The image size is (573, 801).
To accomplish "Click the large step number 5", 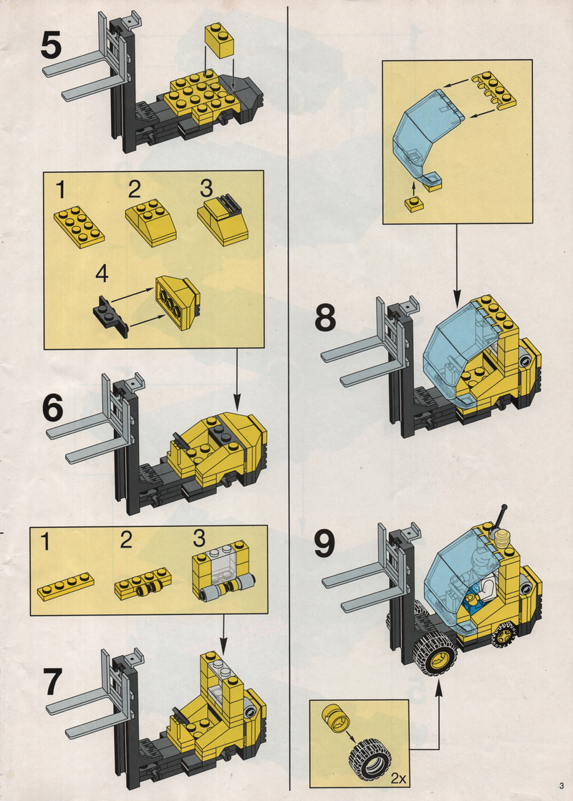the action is pos(51,45).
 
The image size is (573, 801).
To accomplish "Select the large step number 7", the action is pos(53,682).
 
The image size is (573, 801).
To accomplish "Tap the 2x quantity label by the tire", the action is pos(398,779).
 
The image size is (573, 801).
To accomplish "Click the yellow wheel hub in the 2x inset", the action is pos(336,720).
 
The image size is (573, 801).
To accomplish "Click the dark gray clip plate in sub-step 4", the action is pos(110,316).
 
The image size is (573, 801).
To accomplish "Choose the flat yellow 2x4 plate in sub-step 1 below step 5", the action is pos(79,226).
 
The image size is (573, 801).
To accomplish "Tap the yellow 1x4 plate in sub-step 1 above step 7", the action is pos(66,586).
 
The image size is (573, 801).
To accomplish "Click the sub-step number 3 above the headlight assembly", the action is pos(199,538).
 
